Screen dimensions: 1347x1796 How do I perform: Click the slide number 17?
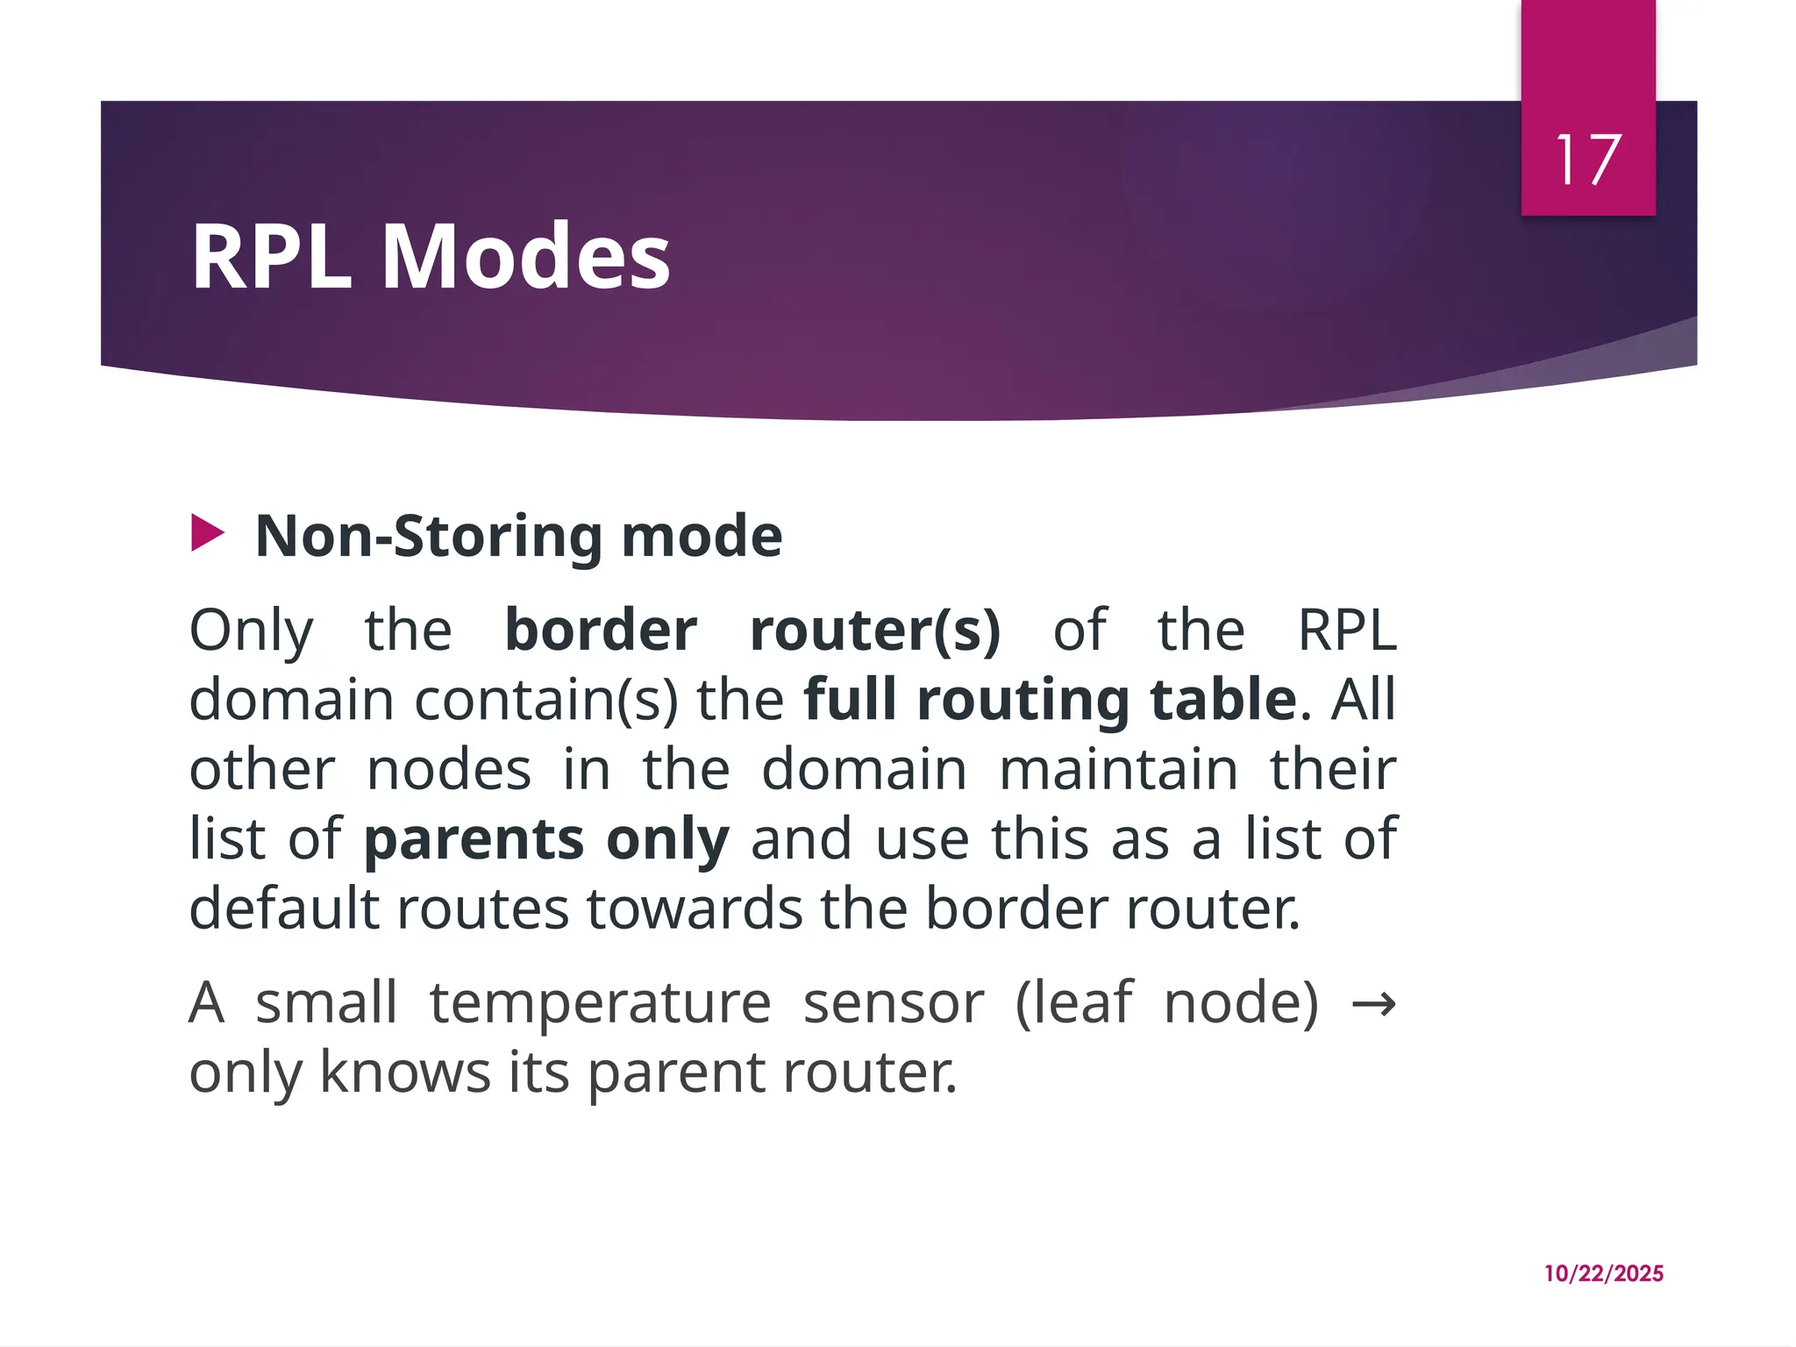[x=1588, y=160]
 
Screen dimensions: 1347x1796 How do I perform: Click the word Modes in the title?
[x=526, y=256]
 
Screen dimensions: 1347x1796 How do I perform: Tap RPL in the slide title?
[x=271, y=256]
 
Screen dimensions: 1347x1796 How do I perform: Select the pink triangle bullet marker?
[x=208, y=534]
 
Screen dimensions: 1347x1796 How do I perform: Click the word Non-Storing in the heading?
[x=429, y=536]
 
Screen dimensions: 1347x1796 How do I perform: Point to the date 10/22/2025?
[x=1603, y=1273]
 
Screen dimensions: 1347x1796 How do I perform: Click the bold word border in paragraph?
[x=601, y=630]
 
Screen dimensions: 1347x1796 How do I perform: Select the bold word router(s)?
[x=875, y=630]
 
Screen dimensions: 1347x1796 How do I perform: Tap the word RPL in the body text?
[x=1346, y=630]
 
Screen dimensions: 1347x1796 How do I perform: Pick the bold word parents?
[x=474, y=839]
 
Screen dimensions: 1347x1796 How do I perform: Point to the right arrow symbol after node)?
[x=1373, y=1004]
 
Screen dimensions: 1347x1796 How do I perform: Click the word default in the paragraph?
[x=284, y=908]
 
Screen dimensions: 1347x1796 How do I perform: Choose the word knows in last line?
[x=405, y=1072]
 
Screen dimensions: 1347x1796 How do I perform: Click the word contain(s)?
[x=545, y=700]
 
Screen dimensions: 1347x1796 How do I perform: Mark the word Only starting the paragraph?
[x=251, y=631]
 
